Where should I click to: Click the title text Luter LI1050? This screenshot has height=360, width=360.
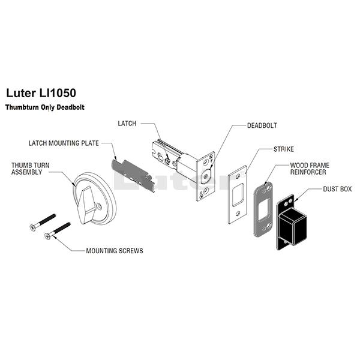[x=41, y=93]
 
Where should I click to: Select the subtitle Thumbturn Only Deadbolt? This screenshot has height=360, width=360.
[x=45, y=107]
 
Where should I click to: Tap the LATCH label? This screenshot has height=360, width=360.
[x=127, y=124]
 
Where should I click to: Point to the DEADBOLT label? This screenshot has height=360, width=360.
[x=262, y=125]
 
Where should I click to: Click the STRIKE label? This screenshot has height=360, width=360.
[x=284, y=149]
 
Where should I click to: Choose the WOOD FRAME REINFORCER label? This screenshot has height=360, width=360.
[x=310, y=169]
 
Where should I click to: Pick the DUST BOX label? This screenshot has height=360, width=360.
[x=337, y=189]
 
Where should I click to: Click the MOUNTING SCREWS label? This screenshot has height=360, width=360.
[x=115, y=251]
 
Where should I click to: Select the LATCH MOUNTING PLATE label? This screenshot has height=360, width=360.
[x=64, y=143]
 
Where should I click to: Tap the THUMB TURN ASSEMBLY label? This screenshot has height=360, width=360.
[x=31, y=169]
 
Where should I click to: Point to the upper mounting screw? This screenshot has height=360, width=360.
[x=43, y=223]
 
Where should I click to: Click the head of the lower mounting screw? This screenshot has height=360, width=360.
[x=47, y=236]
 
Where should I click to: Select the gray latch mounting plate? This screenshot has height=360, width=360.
[x=133, y=175]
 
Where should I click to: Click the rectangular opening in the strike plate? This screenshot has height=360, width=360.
[x=238, y=195]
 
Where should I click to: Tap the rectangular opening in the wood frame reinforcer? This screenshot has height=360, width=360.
[x=263, y=209]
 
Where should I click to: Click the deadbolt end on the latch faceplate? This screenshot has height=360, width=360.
[x=206, y=176]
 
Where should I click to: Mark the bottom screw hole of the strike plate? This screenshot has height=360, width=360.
[x=238, y=214]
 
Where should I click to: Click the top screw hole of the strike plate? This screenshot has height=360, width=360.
[x=238, y=176]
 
